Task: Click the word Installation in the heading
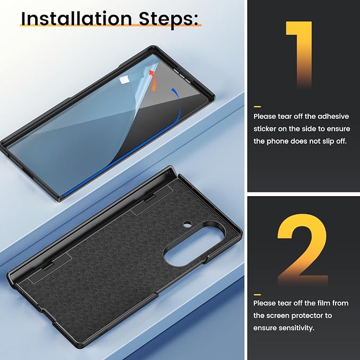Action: click(76, 19)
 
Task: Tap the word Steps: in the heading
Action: click(169, 20)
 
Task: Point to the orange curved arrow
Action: click(153, 81)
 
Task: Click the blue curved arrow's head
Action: click(174, 91)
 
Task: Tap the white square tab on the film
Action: click(124, 80)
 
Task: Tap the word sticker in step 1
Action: click(265, 129)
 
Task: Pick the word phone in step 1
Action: click(278, 142)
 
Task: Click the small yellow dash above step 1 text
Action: click(257, 107)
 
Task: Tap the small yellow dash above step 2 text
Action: click(257, 295)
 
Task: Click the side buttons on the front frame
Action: click(182, 75)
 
